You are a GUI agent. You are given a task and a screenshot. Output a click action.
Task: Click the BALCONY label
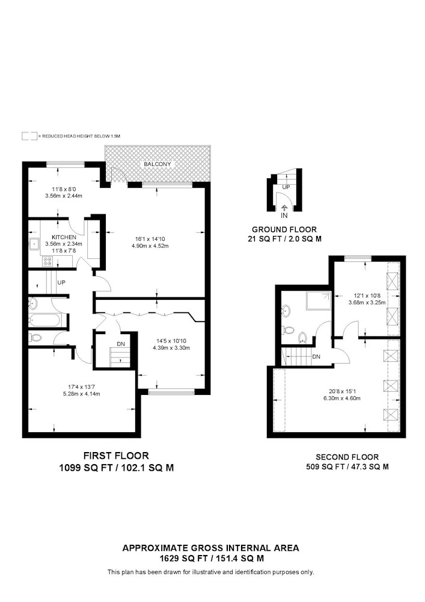coord(157,164)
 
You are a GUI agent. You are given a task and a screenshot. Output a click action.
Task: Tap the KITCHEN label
coord(64,237)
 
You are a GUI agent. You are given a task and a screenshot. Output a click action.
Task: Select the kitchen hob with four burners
coord(48,261)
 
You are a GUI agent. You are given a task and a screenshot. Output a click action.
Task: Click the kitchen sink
coord(35,243)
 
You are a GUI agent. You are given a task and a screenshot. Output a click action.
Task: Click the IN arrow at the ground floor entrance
coord(284,208)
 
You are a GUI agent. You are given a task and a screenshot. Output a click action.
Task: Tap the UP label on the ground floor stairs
coord(286,187)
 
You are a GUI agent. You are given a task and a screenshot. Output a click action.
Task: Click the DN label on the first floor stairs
coord(121,344)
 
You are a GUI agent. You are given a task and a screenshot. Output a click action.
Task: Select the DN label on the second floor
coord(316,356)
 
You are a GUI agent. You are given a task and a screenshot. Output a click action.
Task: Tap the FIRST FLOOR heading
coord(116,456)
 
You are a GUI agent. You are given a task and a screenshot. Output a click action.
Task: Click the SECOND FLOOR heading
coord(347,457)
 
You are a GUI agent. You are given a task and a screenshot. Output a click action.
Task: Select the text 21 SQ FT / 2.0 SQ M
coord(285,239)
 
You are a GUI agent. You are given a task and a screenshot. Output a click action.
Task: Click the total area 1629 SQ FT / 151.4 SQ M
coord(211,558)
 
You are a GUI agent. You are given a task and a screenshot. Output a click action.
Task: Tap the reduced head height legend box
coord(29,136)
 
